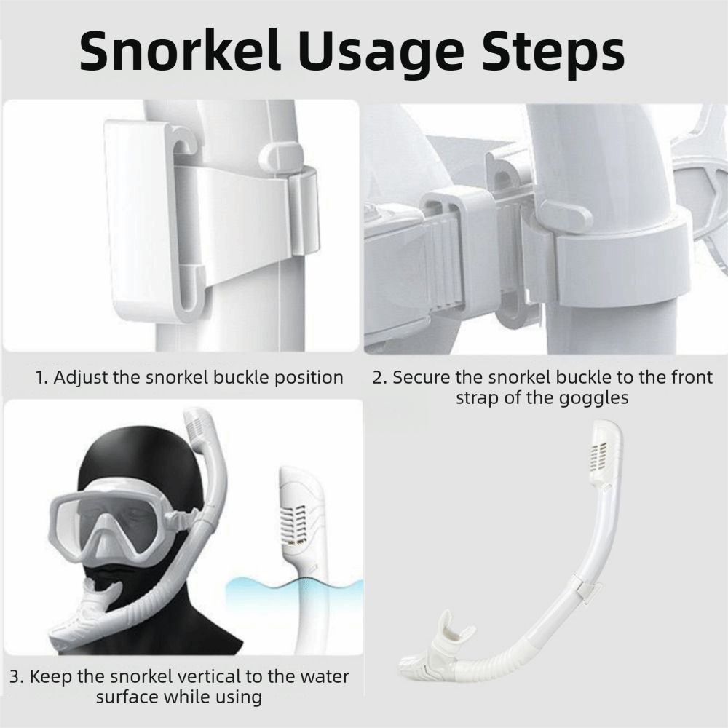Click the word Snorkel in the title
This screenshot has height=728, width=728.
tap(180, 50)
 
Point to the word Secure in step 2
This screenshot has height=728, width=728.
tap(422, 377)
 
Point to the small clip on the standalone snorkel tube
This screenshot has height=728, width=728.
tap(587, 590)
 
